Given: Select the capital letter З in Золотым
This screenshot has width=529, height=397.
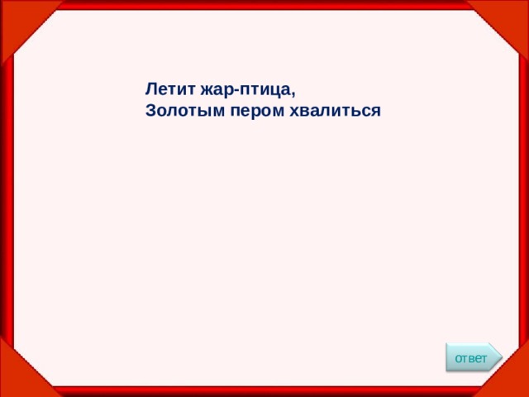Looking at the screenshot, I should click(x=150, y=109).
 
